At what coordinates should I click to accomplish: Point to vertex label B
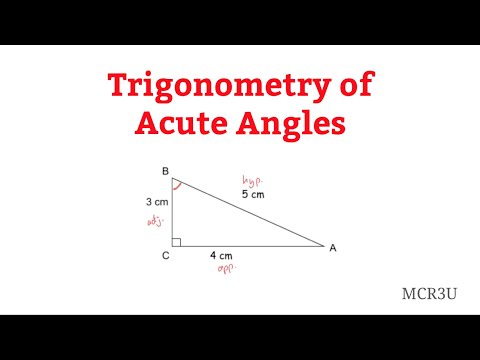click(164, 171)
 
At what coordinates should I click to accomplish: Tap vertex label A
click(332, 246)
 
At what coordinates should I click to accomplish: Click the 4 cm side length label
click(223, 256)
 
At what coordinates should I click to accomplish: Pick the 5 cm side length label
click(253, 194)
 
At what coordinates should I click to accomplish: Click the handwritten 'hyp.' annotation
click(250, 181)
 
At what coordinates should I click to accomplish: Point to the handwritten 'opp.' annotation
click(225, 270)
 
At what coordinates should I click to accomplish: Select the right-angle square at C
click(176, 241)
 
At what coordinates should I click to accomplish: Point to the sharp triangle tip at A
click(322, 244)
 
